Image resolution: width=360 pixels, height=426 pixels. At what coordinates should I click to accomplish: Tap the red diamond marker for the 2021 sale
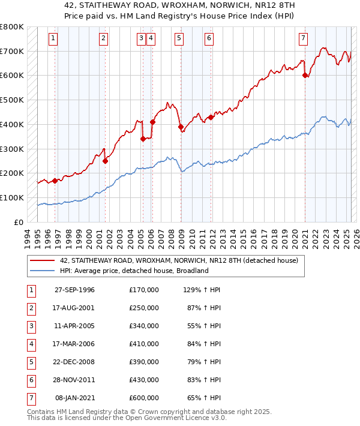(305, 75)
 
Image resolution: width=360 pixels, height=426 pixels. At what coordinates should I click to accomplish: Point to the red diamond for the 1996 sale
(55, 180)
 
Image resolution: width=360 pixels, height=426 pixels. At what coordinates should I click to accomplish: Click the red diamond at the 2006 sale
(152, 122)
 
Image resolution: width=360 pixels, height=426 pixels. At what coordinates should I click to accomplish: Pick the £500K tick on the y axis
(12, 100)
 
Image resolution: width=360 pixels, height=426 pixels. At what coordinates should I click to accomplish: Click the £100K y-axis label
(12, 197)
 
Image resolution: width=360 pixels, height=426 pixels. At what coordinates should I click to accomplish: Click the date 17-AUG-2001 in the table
(74, 308)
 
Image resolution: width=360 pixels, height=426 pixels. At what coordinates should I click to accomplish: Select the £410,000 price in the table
(143, 344)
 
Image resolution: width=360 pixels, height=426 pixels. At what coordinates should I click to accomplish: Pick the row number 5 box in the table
(30, 362)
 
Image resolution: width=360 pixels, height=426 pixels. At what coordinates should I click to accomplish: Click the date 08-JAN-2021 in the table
(74, 398)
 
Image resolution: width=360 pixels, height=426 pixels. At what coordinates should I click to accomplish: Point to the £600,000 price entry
(143, 398)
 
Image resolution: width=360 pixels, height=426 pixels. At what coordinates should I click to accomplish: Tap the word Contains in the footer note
(41, 412)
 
